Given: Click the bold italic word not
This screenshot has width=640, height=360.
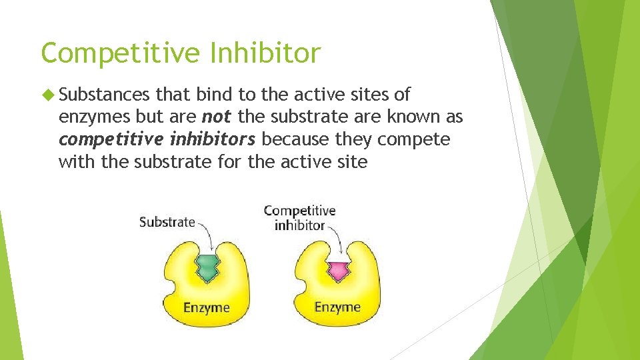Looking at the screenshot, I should (217, 117).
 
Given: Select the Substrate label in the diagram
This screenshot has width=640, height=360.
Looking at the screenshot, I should (167, 222).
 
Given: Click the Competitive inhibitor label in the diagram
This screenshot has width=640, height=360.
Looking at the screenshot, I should (299, 218).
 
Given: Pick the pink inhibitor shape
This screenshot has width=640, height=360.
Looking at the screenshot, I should (337, 271).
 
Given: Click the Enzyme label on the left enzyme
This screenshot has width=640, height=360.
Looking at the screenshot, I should (207, 307).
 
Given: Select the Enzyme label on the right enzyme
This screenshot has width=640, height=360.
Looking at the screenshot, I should (337, 307).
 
